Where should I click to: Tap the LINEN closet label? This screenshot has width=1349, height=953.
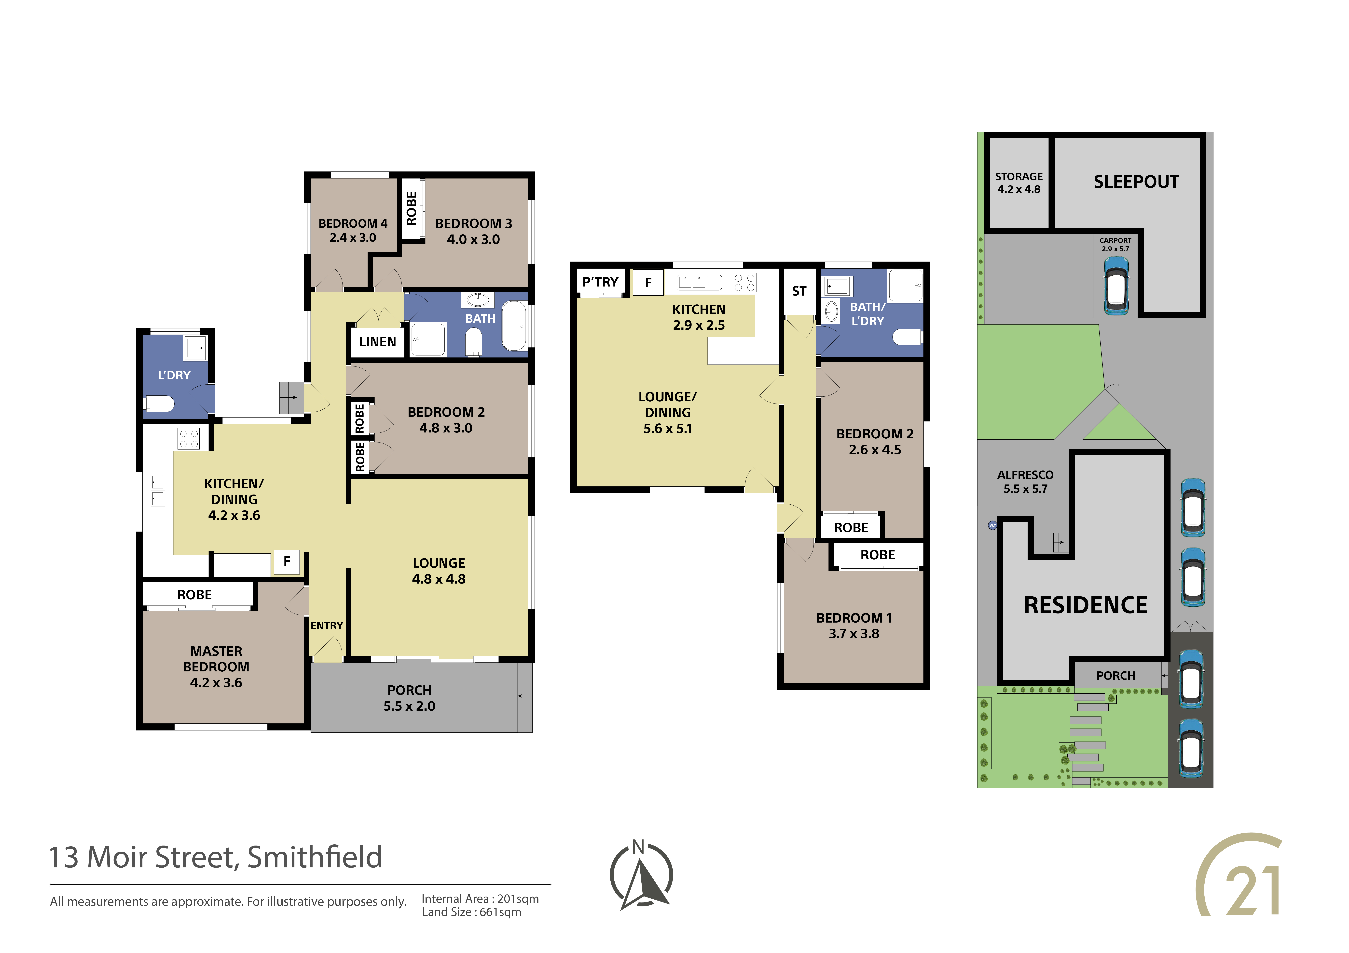coord(377,342)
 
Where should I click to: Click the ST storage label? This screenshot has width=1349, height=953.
coord(799,291)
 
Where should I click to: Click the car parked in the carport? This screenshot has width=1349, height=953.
coord(1116,285)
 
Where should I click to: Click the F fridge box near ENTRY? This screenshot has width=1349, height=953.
coord(287,562)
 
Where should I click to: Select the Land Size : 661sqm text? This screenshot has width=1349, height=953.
coord(471,913)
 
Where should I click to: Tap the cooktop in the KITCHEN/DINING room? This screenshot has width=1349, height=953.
coord(189,439)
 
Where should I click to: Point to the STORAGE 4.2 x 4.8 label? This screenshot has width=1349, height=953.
coord(1019,183)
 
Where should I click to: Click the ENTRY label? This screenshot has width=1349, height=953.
coord(327,626)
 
